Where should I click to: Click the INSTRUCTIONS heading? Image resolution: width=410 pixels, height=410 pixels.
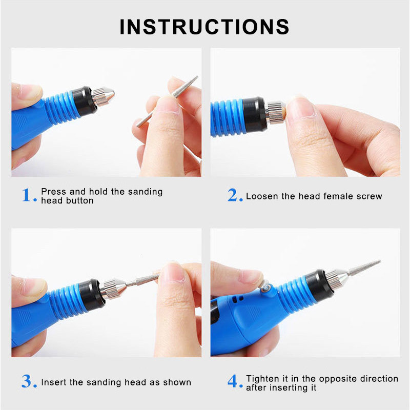204,27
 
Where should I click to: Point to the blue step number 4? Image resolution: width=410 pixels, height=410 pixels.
234,382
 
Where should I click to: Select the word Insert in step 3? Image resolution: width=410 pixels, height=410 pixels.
54,382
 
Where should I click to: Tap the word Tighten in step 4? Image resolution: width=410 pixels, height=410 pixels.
263,379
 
